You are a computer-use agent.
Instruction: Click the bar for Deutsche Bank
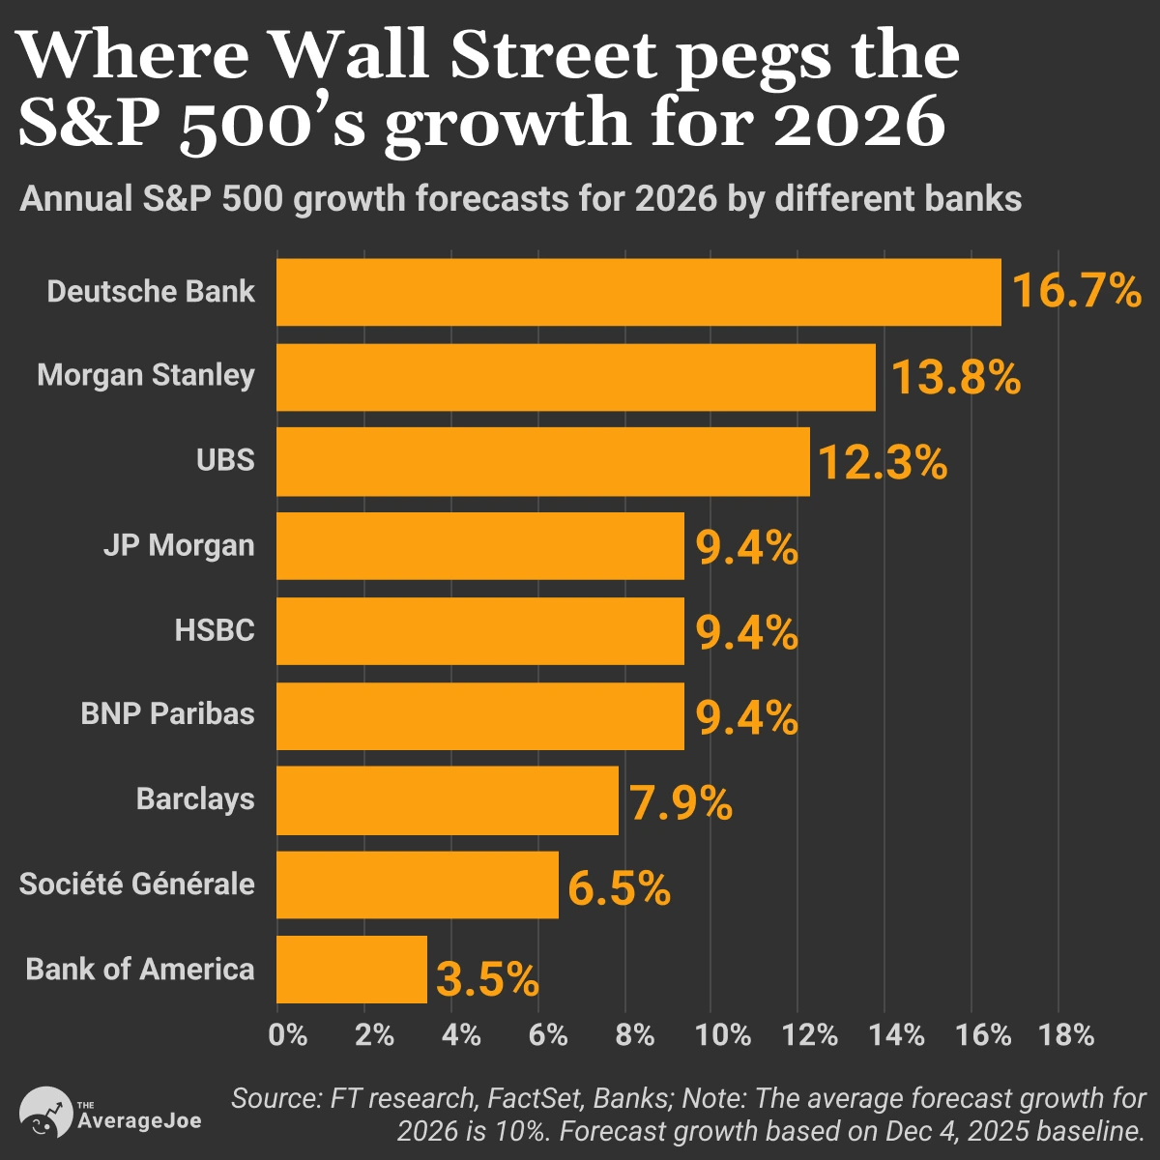638,292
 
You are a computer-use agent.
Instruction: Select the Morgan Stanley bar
576,377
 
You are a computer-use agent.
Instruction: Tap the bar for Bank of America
352,970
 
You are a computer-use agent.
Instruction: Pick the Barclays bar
448,800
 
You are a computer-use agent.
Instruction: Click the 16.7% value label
1076,291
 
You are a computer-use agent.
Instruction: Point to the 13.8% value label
955,377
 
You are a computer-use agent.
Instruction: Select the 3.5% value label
487,979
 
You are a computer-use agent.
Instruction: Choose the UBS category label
225,460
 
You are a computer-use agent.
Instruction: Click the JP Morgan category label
179,546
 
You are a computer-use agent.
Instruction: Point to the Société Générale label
137,884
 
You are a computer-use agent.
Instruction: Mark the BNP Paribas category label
168,715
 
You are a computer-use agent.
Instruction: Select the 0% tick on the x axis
288,1035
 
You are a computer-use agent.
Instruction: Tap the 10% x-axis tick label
723,1035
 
